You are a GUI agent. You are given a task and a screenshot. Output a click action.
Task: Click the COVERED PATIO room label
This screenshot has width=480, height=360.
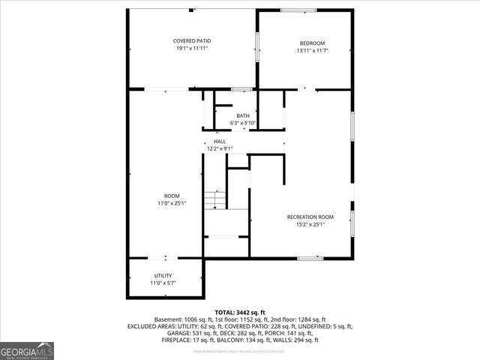click(x=192, y=40)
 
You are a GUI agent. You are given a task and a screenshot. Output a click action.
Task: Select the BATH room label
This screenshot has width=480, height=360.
click(x=243, y=115)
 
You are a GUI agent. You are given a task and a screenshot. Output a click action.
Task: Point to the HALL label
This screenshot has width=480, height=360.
click(x=220, y=141)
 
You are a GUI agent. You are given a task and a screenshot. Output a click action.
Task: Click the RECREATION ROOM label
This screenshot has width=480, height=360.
click(x=310, y=217)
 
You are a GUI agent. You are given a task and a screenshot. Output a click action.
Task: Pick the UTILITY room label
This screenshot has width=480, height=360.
click(x=163, y=276)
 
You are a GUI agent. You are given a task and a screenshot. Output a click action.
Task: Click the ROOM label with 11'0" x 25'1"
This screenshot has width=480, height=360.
click(x=172, y=196)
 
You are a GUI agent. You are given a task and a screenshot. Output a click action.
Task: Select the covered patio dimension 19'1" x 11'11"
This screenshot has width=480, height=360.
click(x=192, y=48)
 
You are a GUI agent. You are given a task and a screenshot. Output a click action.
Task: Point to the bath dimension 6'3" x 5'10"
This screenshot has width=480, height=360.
click(x=243, y=123)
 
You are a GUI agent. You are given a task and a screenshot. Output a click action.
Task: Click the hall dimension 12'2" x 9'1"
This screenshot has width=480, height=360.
click(x=220, y=148)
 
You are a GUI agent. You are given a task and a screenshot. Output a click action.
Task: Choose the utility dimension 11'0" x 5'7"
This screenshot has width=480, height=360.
click(x=163, y=283)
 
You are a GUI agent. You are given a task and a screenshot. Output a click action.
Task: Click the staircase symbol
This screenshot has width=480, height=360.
click(x=216, y=198)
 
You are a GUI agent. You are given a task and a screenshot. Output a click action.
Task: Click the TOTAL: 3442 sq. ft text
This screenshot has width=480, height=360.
click(x=240, y=312)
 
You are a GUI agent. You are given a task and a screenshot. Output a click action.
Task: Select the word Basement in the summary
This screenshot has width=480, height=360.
click(x=167, y=319)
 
